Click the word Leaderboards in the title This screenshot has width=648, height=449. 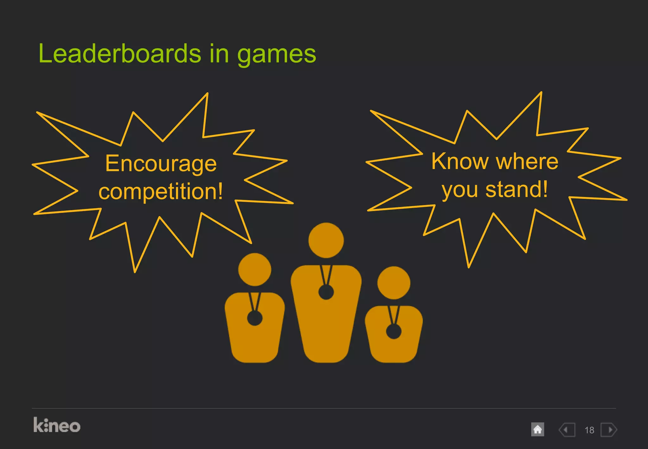[120, 54]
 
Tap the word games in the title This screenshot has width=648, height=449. [277, 54]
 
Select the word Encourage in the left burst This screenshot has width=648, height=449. [161, 164]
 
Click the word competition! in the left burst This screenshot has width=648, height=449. [161, 191]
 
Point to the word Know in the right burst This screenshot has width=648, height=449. [460, 161]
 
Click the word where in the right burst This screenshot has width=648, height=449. [527, 161]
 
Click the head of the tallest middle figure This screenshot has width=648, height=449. [326, 240]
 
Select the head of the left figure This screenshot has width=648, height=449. [255, 269]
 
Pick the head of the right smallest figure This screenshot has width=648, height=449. [394, 282]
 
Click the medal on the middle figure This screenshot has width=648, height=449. [326, 292]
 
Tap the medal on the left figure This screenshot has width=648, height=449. [255, 318]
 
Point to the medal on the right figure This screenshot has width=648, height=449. [394, 332]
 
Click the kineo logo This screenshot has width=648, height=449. [57, 425]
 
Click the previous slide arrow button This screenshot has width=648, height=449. [567, 430]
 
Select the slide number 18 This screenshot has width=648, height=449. [589, 430]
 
